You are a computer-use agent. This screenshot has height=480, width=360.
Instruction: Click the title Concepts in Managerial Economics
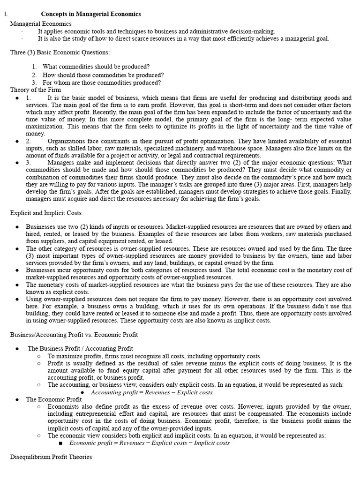pos(91,14)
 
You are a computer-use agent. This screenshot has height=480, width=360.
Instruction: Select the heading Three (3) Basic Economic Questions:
pos(60,52)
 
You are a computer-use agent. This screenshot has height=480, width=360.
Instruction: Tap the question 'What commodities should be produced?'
pos(96,67)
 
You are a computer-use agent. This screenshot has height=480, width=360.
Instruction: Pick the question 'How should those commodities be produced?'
pos(103,75)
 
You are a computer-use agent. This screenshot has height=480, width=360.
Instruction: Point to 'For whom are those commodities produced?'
pos(102,82)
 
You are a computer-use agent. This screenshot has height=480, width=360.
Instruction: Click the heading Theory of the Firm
pos(36,90)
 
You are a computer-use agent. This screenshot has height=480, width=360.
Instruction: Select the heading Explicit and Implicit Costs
pos(46,213)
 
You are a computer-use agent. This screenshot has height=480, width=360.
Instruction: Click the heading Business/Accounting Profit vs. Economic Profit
pos(74,334)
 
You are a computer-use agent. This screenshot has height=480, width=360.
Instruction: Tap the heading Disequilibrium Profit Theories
pos(51,457)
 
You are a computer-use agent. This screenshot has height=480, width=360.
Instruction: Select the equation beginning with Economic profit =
pos(150,442)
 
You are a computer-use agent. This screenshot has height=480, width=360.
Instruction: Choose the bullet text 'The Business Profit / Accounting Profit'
pos(80,348)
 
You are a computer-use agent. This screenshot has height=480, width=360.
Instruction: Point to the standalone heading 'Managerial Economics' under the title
pos(39,23)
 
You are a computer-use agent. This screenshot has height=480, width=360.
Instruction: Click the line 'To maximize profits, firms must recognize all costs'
pos(155,356)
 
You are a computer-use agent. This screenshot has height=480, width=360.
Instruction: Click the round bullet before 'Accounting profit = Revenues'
pos(82,393)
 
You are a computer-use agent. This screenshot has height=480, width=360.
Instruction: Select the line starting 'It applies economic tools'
pos(157,31)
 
